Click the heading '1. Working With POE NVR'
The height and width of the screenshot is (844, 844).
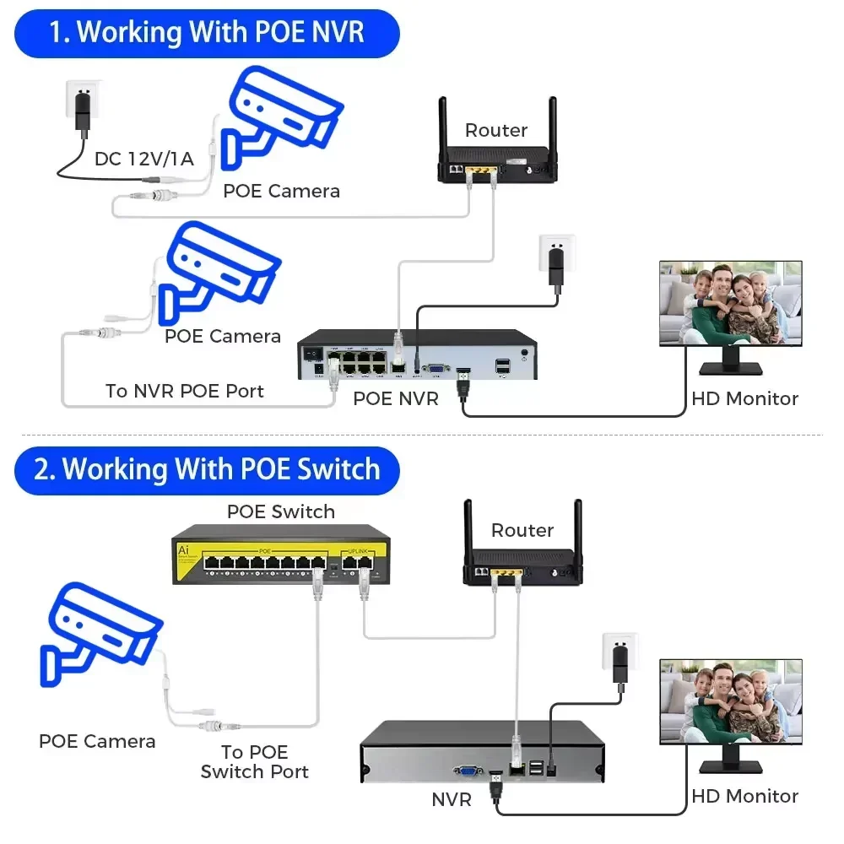(207, 33)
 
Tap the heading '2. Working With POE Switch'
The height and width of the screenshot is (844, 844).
(207, 469)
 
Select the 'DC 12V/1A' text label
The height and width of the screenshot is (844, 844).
(143, 159)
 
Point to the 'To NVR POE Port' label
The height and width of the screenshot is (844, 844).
(184, 391)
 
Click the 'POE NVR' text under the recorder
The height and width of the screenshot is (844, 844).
(396, 398)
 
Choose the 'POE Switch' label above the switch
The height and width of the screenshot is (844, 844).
(280, 511)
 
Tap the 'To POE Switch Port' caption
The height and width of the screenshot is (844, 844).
(254, 761)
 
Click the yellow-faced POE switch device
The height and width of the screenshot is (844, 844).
(279, 554)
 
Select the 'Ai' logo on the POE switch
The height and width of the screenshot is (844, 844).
(183, 549)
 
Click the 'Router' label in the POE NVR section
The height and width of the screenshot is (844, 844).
(495, 130)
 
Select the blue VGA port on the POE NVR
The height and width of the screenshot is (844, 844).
(436, 367)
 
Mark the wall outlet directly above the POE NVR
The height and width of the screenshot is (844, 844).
(556, 257)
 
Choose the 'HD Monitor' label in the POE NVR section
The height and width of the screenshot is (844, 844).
(744, 398)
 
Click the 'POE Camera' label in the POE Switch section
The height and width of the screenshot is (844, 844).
(97, 741)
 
